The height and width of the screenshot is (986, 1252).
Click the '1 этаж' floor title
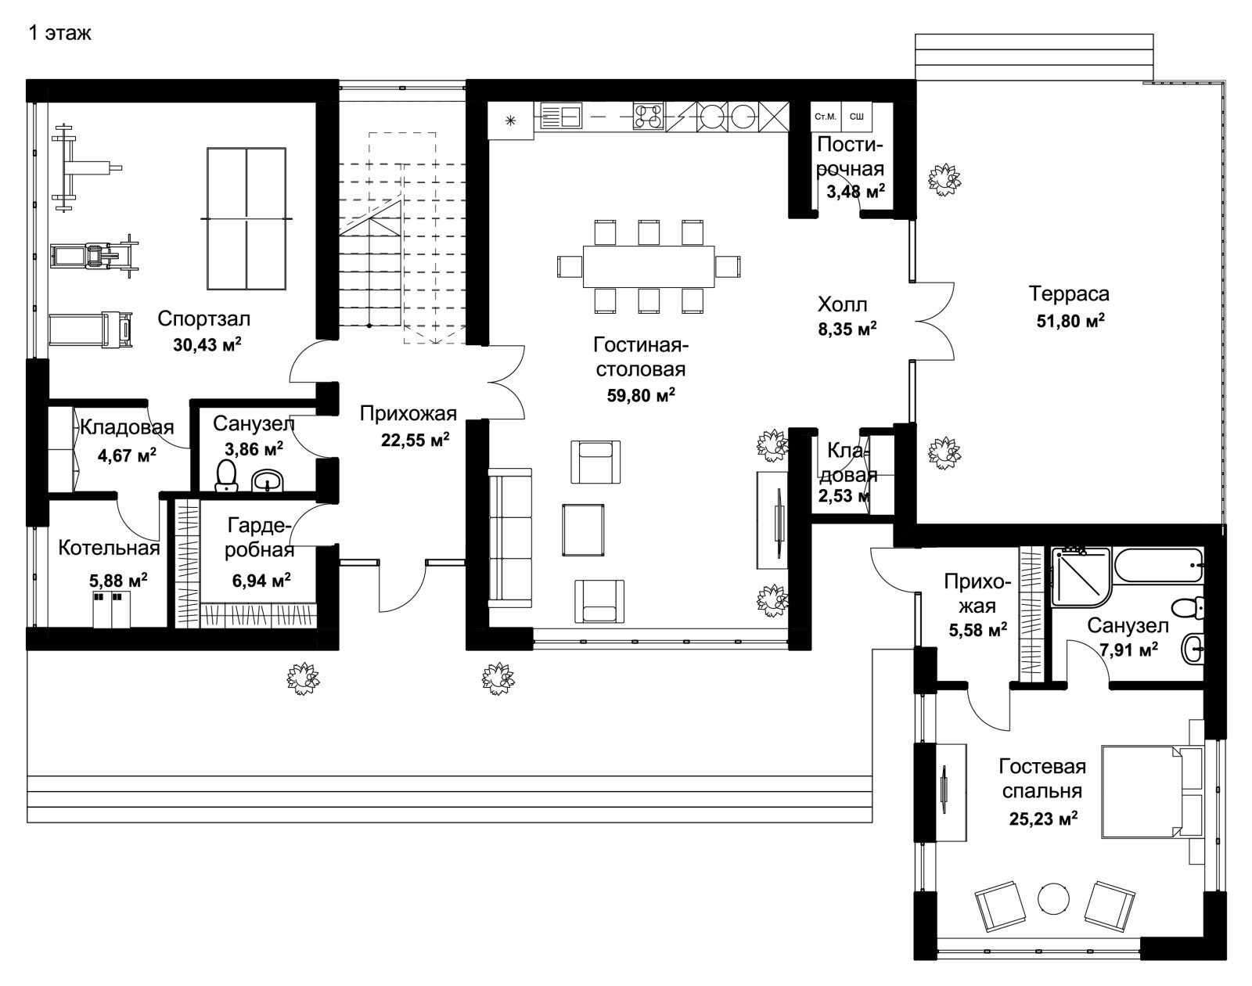60,33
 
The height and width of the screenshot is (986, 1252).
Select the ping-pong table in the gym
246,218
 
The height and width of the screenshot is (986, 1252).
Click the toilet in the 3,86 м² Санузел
225,476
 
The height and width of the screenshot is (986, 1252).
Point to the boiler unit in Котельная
112,610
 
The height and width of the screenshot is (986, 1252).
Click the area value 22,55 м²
415,440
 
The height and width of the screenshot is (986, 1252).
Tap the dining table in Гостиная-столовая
649,267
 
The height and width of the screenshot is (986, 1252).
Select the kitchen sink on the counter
561,115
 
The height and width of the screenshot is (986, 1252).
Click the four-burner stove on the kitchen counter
648,115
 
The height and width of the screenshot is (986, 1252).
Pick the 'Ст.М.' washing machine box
826,117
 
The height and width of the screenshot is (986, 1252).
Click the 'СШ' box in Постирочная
856,117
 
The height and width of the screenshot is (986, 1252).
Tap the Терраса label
1069,293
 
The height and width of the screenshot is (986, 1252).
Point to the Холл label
842,304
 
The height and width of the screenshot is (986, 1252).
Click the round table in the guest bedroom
1053,898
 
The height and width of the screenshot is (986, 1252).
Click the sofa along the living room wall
510,538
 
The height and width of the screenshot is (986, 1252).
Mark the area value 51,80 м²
1070,321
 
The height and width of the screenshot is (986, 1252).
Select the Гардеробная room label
260,538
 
